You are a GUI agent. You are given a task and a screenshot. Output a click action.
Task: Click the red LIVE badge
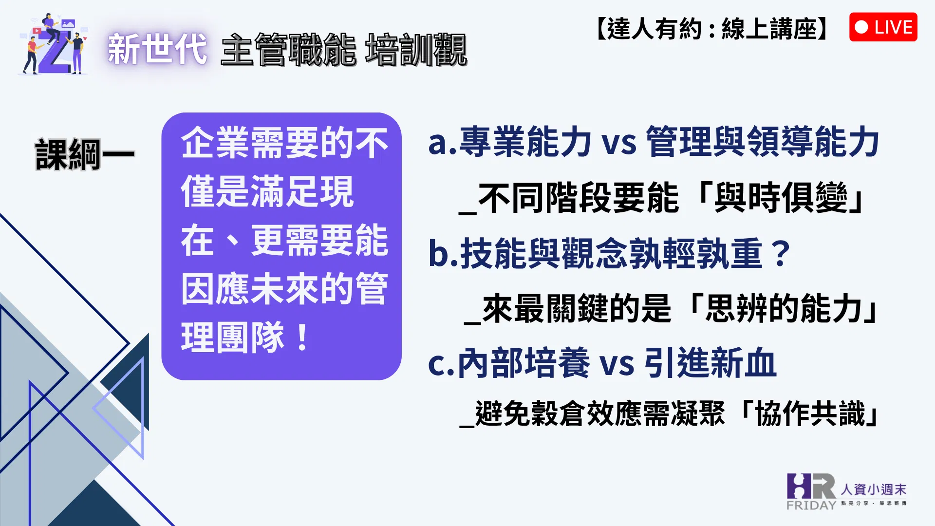point(883,27)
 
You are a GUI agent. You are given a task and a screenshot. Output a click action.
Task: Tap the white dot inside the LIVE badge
point(861,27)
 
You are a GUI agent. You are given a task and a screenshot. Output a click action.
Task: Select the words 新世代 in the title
point(157,49)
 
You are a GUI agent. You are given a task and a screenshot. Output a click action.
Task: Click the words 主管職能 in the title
point(288,49)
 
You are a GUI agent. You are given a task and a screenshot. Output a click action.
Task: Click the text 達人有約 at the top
point(654,28)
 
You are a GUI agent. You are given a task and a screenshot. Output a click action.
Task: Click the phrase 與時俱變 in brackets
point(781,198)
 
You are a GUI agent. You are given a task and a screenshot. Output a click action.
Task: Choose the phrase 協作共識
point(810,413)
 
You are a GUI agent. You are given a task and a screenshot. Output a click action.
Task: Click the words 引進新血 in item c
point(711,363)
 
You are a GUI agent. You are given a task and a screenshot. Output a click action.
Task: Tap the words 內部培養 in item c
point(524,363)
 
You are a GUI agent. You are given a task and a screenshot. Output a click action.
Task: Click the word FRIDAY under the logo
point(811,506)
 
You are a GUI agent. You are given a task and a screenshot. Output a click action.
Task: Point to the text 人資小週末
point(873,489)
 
